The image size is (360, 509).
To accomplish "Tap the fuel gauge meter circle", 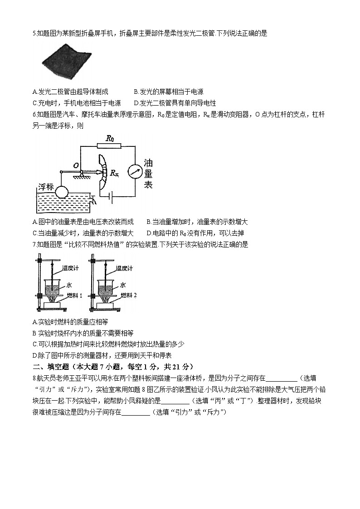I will pos(134,171).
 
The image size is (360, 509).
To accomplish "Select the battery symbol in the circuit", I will pos(110,196).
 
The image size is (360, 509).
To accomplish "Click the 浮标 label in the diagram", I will pos(46,186).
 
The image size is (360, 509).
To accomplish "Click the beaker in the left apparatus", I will pos(54,288).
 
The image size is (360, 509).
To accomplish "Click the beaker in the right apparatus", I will pos(107,288).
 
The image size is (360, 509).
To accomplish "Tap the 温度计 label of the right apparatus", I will pos(124,268).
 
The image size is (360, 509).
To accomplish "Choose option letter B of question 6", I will pos(149,222).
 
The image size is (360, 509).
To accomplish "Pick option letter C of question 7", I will pos(35,344).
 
